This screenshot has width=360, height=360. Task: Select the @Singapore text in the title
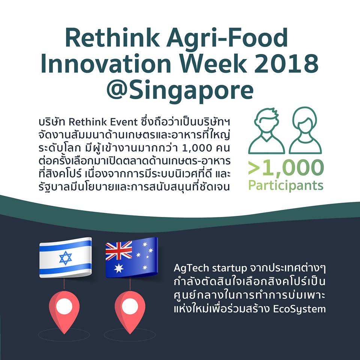click(x=180, y=91)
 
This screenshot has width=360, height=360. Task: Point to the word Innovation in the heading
click(x=106, y=63)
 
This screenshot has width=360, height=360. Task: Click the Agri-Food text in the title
click(x=227, y=38)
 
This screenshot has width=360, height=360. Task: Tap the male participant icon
click(x=267, y=131)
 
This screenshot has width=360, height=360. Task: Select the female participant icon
click(x=305, y=130)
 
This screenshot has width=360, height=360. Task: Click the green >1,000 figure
click(x=286, y=168)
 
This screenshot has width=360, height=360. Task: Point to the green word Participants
click(x=286, y=185)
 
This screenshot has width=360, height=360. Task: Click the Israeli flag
click(x=65, y=258)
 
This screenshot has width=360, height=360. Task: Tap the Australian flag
click(x=132, y=258)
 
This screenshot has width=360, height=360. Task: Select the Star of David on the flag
click(x=66, y=258)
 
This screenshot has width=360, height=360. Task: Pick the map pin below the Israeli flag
click(x=64, y=312)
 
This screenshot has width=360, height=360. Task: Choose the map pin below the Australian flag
click(x=130, y=312)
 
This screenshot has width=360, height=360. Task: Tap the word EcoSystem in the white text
click(x=299, y=309)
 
